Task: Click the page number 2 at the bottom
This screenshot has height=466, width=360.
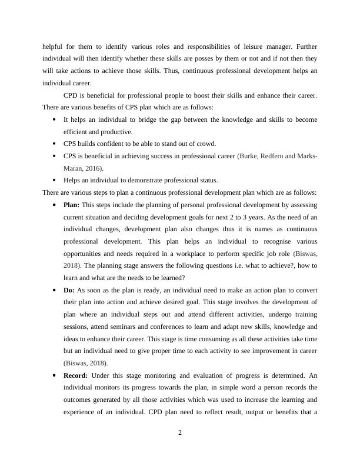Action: (x=180, y=433)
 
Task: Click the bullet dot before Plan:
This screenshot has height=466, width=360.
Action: (x=54, y=205)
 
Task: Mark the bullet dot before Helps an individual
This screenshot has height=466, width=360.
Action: (x=54, y=181)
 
